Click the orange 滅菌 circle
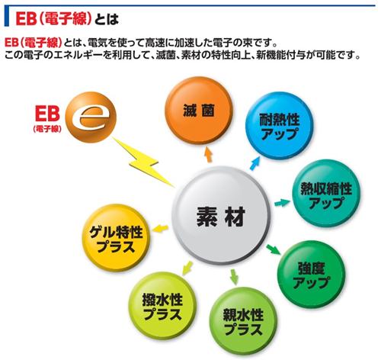199,111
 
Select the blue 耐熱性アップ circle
279,126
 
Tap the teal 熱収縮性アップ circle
326,194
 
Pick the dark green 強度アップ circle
312,275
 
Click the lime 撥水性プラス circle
162,306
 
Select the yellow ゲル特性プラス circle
116,238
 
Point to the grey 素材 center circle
221,216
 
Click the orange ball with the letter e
91,117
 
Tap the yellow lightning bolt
142,162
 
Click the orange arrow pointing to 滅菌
208,154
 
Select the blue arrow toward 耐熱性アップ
255,163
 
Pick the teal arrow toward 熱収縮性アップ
282,203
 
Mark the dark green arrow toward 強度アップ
274,249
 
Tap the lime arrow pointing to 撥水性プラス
187,268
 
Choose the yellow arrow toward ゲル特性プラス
160,228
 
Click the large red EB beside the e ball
47,114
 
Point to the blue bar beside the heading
7,15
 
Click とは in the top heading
107,19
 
